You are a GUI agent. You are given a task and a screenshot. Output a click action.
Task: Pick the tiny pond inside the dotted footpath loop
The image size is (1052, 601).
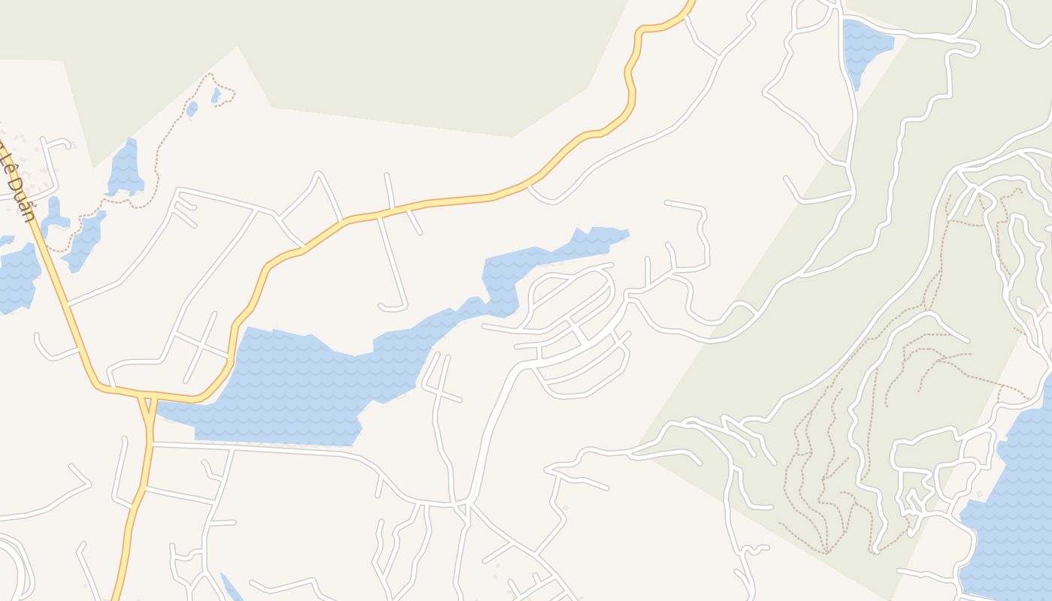[x=216, y=95]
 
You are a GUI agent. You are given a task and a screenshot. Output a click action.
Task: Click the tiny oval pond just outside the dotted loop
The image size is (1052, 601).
[x=192, y=109]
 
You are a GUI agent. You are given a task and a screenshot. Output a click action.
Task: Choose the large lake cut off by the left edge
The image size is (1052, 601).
[x=17, y=278]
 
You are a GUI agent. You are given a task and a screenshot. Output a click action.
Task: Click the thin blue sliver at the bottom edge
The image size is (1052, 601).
[x=231, y=588]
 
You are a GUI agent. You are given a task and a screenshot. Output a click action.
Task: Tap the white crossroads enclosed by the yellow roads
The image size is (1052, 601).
[x=202, y=346]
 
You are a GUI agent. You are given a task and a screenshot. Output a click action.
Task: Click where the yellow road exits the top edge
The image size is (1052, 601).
[x=690, y=3]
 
